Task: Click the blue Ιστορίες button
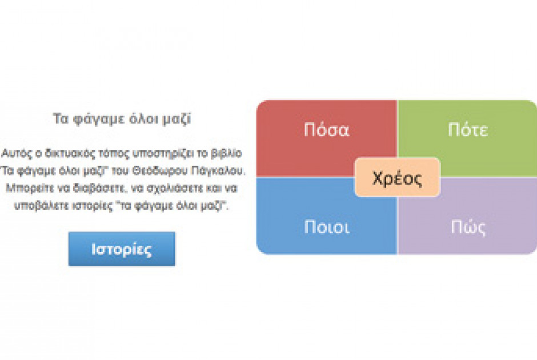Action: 122,249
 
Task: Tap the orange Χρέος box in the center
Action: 397,178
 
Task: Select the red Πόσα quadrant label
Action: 326,130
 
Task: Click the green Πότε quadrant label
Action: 468,130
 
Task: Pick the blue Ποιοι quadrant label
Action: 327,227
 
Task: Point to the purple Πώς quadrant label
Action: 468,227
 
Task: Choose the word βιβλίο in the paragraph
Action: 226,153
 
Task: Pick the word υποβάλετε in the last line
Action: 41,206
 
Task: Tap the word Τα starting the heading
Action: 61,119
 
